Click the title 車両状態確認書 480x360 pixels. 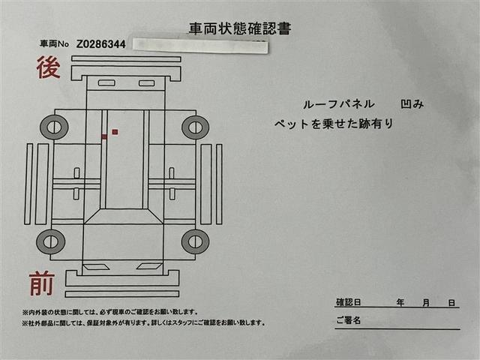(x=239, y=29)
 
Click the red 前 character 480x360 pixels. (x=41, y=284)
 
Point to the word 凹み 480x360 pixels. (x=412, y=104)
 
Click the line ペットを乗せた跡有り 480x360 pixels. (x=334, y=124)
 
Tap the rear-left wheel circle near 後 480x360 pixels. (x=54, y=127)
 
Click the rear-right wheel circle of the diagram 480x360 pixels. (x=195, y=127)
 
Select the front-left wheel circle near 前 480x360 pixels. (x=50, y=241)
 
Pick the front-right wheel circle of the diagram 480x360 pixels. (x=195, y=241)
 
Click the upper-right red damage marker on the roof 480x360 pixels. (x=115, y=132)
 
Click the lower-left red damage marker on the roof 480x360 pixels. (x=104, y=137)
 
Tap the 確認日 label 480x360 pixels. (x=349, y=302)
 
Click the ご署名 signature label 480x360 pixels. (x=349, y=321)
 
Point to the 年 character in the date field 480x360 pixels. (x=401, y=302)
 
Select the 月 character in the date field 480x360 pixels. (x=426, y=302)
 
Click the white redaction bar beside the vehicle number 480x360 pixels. (x=199, y=45)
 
